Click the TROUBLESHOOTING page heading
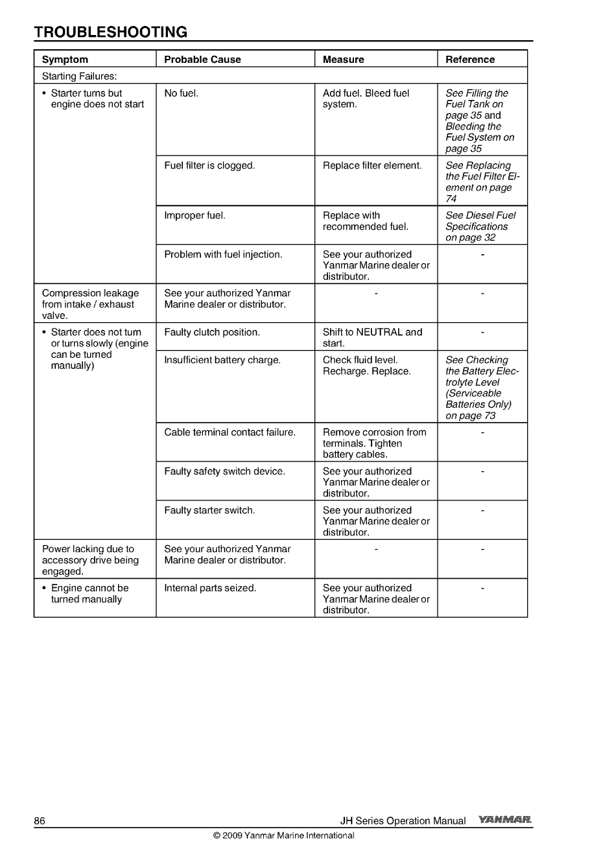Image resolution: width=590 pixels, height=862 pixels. point(110,32)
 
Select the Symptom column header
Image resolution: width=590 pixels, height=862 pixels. point(65,60)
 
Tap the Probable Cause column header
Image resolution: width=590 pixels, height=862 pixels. point(202,60)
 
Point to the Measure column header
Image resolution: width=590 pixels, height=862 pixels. point(343,60)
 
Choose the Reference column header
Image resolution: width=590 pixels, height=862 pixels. point(469,60)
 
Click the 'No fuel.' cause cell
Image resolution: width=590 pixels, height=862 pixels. point(181,93)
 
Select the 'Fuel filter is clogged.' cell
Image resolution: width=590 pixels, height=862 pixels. point(209,166)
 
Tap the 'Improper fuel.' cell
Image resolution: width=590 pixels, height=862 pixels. point(195,216)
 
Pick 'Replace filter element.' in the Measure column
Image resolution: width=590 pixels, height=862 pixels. point(372,166)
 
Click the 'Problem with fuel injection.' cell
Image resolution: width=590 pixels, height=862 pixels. point(223,255)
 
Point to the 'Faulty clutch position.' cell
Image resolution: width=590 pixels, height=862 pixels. point(212,332)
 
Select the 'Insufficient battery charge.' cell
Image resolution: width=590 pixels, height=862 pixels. point(222,360)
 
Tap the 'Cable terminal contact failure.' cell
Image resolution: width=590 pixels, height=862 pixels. point(230,432)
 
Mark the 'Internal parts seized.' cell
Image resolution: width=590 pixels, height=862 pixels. point(210,588)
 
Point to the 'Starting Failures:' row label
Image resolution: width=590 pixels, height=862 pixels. point(79,77)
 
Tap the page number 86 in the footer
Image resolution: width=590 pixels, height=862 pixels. point(40,821)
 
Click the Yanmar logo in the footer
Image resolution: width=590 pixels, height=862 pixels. point(505,821)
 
